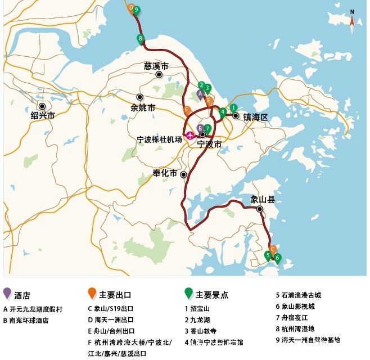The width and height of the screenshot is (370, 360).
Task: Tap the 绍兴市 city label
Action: click(43, 115)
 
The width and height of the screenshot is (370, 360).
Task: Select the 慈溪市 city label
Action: click(156, 66)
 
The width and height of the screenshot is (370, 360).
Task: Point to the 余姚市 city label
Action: click(142, 107)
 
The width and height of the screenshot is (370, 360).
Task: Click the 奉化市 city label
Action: click(165, 173)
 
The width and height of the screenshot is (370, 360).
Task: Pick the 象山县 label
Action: click(263, 199)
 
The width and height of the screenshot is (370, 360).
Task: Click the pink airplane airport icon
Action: click(190, 135)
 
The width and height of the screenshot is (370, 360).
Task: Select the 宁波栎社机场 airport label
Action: click(160, 139)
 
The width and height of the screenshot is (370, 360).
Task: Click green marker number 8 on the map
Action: click(140, 39)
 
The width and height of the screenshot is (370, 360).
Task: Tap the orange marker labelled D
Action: click(131, 8)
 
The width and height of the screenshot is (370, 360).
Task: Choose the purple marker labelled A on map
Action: click(200, 94)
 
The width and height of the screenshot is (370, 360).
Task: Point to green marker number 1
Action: click(233, 108)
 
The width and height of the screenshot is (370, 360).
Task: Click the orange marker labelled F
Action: click(187, 110)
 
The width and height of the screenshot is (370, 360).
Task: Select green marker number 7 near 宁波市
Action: click(207, 129)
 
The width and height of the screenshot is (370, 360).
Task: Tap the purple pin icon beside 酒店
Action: click(7, 293)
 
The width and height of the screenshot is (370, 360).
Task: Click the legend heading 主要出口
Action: click(115, 295)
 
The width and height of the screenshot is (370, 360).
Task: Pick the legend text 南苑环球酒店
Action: click(29, 320)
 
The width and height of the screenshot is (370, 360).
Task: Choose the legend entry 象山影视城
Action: click(295, 306)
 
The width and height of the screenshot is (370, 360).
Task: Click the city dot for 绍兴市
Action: click(42, 105)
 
